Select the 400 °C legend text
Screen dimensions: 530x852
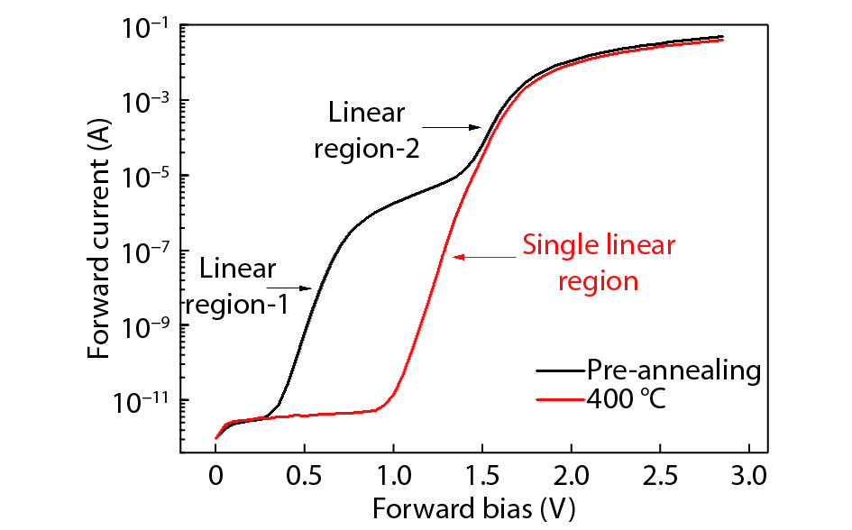627,398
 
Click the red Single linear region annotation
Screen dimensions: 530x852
599,263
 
